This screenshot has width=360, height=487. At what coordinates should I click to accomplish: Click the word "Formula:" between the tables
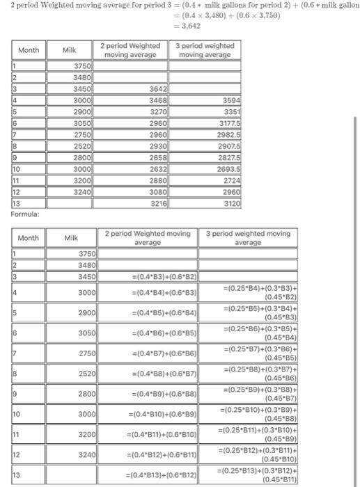point(24,214)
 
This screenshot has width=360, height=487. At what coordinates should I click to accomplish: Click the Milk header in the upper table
point(69,50)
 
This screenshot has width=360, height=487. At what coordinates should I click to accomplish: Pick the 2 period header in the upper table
point(132,50)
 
